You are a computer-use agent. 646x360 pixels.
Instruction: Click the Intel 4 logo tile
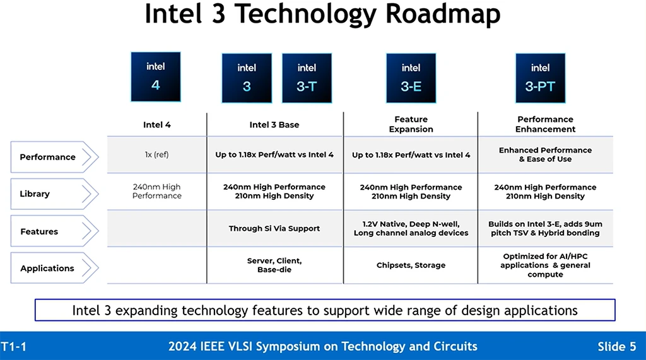coord(155,77)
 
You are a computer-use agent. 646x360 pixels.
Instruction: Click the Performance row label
coord(48,157)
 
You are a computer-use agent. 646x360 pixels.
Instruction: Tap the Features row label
coord(40,231)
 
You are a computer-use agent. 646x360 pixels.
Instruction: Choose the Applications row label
coord(47,268)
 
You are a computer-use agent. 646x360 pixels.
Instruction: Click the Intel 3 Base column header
coord(274,125)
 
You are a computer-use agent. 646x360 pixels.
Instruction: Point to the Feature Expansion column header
coord(411,124)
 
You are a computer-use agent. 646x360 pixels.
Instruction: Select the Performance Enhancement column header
coord(545,124)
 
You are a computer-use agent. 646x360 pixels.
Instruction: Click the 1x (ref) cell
coord(156,154)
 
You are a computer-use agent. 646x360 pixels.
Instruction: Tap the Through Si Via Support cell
coord(274,229)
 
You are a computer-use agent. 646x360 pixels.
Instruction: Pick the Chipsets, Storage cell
coord(411,265)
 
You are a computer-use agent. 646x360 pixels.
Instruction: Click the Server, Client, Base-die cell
coord(274,265)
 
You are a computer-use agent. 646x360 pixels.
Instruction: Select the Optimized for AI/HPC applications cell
coord(545,265)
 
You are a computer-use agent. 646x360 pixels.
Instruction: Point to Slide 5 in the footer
coord(616,347)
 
